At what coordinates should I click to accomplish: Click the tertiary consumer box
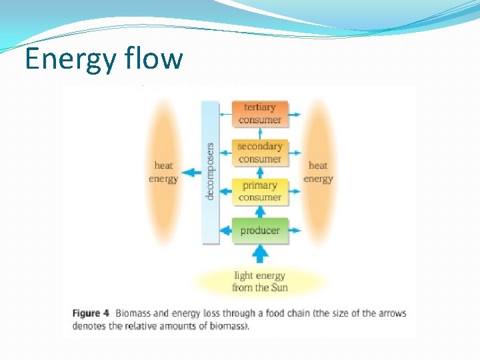(260, 113)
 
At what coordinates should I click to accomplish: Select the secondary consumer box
(260, 153)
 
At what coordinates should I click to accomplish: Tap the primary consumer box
(260, 191)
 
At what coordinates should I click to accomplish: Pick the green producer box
(260, 231)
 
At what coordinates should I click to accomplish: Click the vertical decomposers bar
(211, 171)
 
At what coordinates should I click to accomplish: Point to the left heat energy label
(163, 172)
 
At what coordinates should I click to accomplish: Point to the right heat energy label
(318, 172)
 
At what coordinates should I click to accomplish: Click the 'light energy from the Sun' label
(260, 281)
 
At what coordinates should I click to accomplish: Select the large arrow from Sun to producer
(260, 254)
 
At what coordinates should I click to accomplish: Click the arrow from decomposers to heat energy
(191, 173)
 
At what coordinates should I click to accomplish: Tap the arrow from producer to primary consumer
(260, 211)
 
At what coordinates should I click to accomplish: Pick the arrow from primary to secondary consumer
(260, 172)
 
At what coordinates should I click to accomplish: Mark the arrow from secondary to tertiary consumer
(260, 133)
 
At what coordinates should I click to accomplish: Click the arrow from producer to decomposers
(226, 231)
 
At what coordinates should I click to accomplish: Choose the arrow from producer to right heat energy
(295, 231)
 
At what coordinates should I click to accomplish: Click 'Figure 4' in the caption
(91, 313)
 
